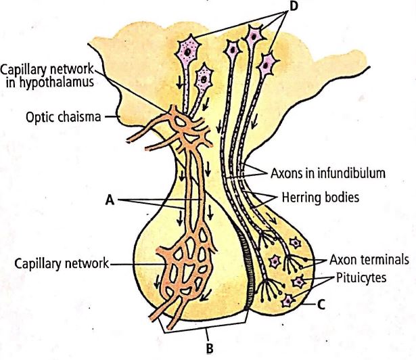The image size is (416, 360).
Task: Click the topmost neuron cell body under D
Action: pyautogui.click(x=255, y=35)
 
